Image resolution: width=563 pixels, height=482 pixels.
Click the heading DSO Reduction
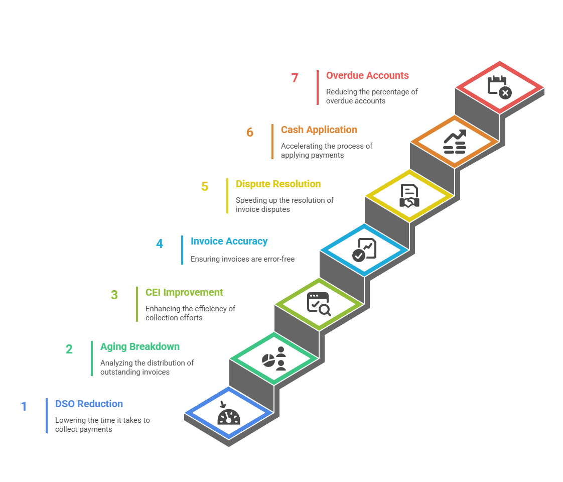[x=89, y=404]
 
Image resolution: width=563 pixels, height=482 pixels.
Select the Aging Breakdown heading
[x=139, y=346]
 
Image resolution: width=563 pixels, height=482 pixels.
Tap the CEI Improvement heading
[x=184, y=292]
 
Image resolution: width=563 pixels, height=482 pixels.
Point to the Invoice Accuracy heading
[x=229, y=241]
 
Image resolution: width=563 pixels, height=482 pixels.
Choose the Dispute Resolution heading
[x=278, y=184]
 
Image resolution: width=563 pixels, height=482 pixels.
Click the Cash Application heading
[x=319, y=130]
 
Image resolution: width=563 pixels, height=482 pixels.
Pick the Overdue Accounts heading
[x=367, y=75]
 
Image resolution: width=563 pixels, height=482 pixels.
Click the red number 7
[x=295, y=78]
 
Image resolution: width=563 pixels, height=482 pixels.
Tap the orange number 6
[x=249, y=132]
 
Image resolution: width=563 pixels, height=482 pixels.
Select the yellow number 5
[x=205, y=186]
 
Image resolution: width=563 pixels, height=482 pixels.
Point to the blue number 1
[x=24, y=406]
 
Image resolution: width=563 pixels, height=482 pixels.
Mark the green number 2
[x=69, y=349]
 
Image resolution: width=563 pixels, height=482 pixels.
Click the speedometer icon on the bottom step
[x=229, y=415]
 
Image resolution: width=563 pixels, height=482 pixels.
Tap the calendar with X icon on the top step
[x=499, y=87]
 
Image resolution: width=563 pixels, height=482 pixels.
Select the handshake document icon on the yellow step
[x=409, y=196]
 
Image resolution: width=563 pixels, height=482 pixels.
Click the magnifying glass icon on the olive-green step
[x=319, y=304]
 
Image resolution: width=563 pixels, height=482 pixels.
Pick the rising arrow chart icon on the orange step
[x=455, y=142]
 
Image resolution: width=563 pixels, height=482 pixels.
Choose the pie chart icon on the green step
[x=274, y=358]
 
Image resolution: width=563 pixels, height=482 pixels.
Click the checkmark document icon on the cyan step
[x=364, y=250]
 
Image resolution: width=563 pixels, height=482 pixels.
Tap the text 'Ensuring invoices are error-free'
[x=242, y=259]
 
